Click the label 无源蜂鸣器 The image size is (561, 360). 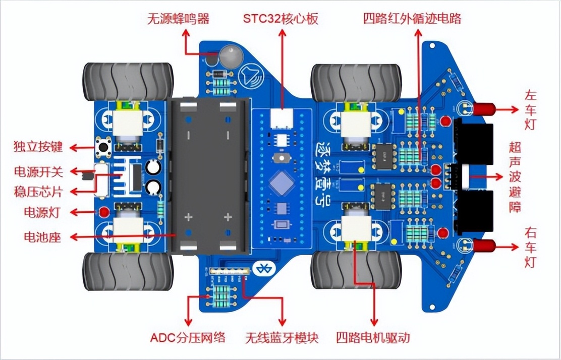178,19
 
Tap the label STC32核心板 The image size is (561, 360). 280,19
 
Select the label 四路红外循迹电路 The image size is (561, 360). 412,19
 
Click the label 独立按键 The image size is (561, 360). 38,147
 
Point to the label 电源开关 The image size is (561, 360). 38,171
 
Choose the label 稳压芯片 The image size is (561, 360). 38,192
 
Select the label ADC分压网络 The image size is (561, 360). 188,337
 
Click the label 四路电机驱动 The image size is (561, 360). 373,337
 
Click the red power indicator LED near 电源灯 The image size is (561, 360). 104,212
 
